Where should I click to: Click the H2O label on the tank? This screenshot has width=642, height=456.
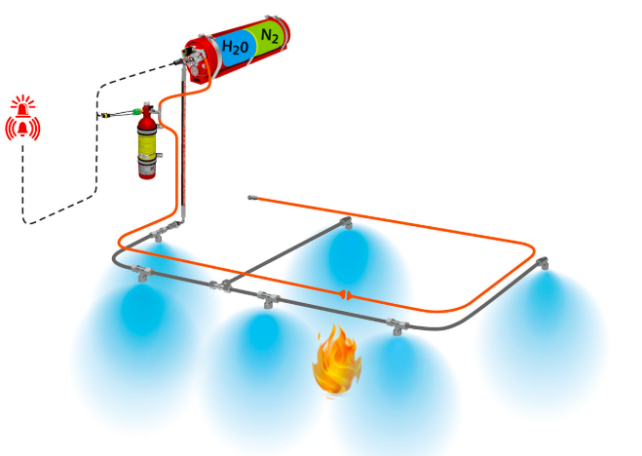point(235,47)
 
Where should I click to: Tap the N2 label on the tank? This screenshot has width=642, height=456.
point(270,36)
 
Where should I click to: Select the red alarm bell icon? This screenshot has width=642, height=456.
point(22,128)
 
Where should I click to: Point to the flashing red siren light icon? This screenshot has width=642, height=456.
point(23,104)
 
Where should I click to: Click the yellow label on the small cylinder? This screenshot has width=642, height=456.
point(146,145)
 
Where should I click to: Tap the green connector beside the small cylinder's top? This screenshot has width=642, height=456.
point(136,111)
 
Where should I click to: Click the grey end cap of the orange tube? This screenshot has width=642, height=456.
point(251,198)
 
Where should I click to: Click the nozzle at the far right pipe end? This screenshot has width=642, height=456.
point(543,263)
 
